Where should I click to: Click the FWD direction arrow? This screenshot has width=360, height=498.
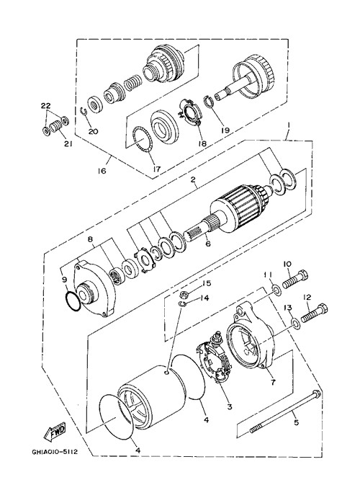54,431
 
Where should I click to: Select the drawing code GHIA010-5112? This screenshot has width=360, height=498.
55,451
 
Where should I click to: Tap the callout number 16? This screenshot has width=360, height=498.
102,171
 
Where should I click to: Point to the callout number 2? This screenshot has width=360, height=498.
192,179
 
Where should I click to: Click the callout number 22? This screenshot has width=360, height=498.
45,106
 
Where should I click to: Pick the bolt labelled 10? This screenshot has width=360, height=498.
295,280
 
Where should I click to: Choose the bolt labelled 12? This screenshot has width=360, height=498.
315,313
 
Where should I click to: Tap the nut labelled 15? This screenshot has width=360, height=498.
184,295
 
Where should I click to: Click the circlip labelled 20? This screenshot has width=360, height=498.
83,112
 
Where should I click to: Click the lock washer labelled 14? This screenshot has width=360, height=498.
181,306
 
